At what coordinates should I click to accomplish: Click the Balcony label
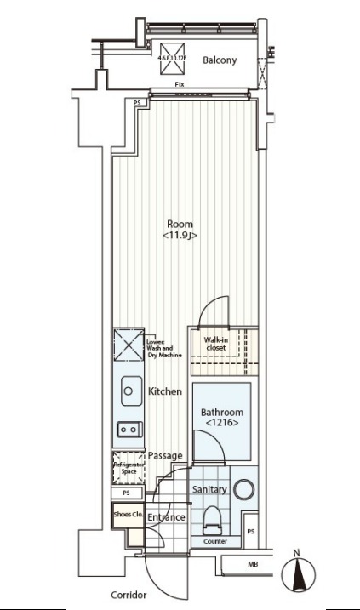219,60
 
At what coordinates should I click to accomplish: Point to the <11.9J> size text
180,236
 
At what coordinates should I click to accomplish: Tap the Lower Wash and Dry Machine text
160,348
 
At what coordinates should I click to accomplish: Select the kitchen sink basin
129,391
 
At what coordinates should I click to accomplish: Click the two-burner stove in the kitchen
129,430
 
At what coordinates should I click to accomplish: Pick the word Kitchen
165,392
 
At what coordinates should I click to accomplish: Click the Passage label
165,456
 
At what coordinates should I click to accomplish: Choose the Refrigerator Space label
128,468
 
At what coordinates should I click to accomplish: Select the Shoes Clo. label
128,516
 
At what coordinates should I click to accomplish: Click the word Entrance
166,517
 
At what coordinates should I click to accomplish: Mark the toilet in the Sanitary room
213,517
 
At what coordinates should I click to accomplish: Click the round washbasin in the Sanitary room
244,490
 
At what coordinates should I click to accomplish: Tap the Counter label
214,541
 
